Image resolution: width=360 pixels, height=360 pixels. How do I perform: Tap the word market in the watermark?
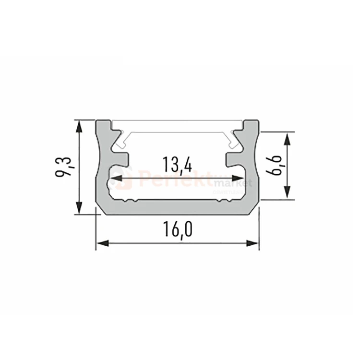click(x=234, y=184)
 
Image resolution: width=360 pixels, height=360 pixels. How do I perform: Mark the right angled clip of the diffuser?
click(x=235, y=138)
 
